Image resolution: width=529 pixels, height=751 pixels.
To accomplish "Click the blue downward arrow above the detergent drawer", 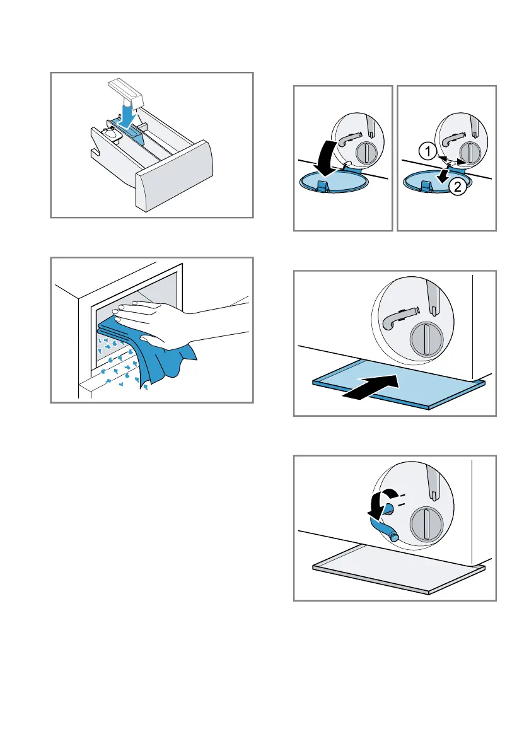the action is pos(128,117).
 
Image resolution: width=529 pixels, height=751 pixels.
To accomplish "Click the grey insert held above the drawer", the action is pos(126,93).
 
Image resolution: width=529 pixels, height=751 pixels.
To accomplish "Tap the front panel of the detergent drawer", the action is pos(174,177).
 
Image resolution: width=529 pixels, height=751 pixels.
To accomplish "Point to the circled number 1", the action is pos(427,152).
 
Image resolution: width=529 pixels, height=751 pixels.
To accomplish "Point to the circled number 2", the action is pos(458,186).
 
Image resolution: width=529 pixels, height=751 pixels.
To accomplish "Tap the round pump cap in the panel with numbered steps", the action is pos(469,153).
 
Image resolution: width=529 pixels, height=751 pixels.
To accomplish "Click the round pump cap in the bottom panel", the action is pos(427,525).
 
